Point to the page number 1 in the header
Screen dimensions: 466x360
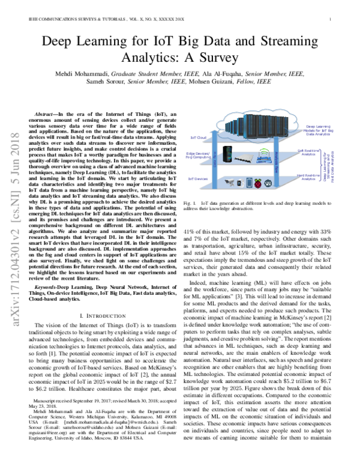[331, 19]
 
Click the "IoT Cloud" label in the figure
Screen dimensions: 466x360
[199, 137]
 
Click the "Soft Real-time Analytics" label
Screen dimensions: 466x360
[307, 153]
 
